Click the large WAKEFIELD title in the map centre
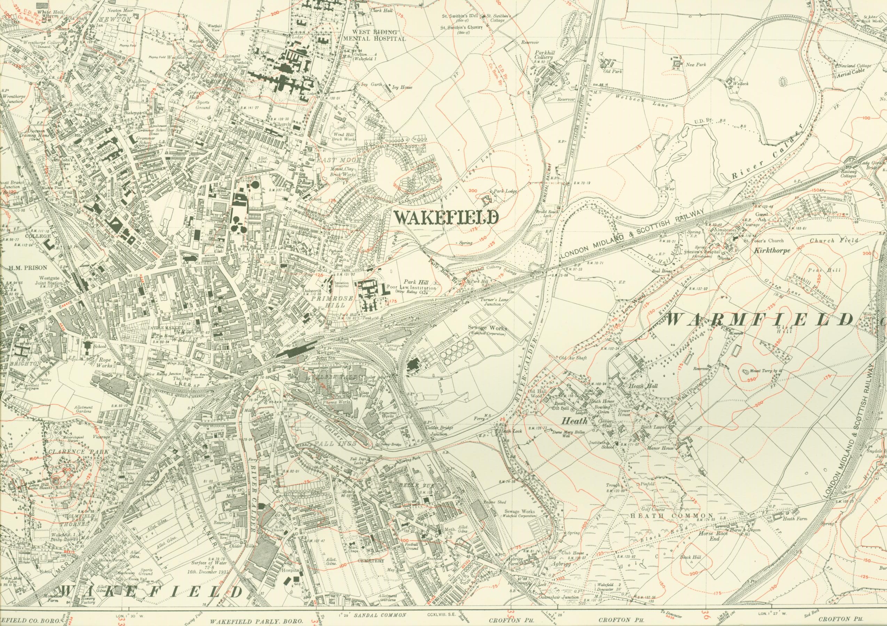point(446,218)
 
